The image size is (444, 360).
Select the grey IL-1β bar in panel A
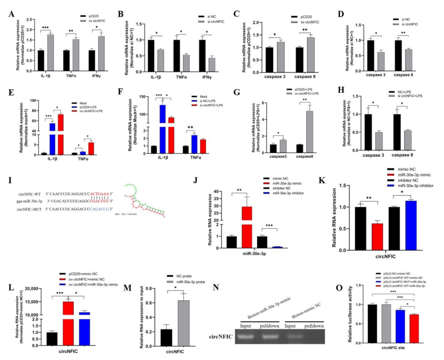tap(50, 53)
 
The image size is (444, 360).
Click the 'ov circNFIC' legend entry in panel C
tap(310, 22)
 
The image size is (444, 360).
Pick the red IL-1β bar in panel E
tap(61, 132)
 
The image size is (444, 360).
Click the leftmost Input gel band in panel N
tap(245, 337)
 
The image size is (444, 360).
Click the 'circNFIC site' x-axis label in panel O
tap(393, 348)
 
